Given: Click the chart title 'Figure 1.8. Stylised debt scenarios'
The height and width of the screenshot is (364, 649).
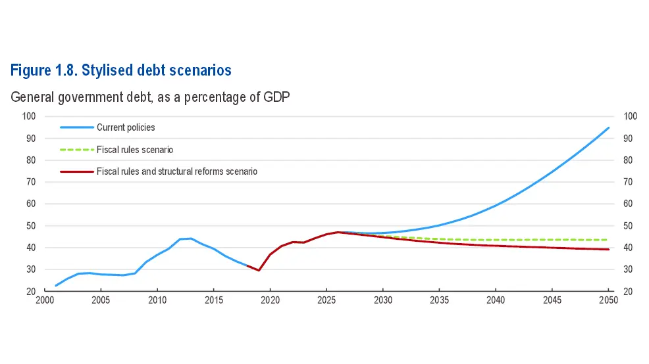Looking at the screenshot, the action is pyautogui.click(x=121, y=70).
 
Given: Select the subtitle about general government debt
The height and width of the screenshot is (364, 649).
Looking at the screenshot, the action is pyautogui.click(x=150, y=97).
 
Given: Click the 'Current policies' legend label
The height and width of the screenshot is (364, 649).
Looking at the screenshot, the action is pyautogui.click(x=126, y=127).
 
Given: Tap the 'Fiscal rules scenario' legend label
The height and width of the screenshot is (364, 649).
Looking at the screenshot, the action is pyautogui.click(x=135, y=150).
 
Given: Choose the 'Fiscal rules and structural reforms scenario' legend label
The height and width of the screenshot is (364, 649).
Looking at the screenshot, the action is pyautogui.click(x=177, y=171).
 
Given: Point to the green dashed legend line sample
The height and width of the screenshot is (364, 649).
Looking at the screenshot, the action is pyautogui.click(x=77, y=150).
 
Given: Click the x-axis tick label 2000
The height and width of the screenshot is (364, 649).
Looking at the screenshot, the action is pyautogui.click(x=45, y=300).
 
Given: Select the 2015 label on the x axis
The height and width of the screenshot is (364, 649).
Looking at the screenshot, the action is pyautogui.click(x=213, y=300).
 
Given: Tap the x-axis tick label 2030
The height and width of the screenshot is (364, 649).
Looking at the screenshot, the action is pyautogui.click(x=383, y=300).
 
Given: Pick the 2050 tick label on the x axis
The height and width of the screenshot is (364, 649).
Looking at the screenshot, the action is pyautogui.click(x=608, y=300).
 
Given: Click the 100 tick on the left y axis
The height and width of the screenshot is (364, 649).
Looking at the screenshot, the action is pyautogui.click(x=29, y=116).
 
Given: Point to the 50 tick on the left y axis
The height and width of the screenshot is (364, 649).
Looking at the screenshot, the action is pyautogui.click(x=31, y=225).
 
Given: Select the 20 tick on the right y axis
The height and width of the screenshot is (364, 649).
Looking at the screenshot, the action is pyautogui.click(x=628, y=291).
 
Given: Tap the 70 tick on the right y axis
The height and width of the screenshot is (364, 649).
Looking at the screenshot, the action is pyautogui.click(x=628, y=182).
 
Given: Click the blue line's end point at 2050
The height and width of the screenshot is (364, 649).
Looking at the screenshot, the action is pyautogui.click(x=608, y=127).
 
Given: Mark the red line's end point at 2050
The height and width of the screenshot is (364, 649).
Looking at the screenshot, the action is pyautogui.click(x=608, y=249).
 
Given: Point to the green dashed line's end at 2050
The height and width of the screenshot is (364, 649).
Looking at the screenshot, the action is pyautogui.click(x=607, y=240).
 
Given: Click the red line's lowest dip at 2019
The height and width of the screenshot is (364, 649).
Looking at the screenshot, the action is pyautogui.click(x=259, y=270).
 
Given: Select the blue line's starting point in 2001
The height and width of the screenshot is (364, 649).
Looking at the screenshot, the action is pyautogui.click(x=56, y=286).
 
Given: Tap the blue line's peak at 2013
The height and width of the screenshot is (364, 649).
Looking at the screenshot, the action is pyautogui.click(x=191, y=239).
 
